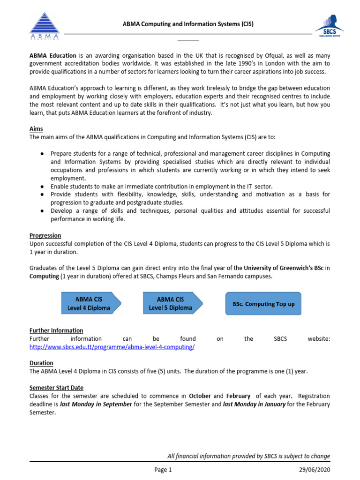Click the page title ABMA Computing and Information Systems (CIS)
click(188, 24)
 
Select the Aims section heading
click(36, 129)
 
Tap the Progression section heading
click(45, 235)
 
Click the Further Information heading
click(56, 330)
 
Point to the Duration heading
click(41, 363)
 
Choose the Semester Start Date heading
click(56, 388)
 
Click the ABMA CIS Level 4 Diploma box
click(91, 303)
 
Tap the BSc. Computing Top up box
click(263, 304)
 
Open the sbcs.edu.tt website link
click(112, 347)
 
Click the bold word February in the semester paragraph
click(239, 396)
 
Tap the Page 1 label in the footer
click(164, 470)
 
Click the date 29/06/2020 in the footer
click(315, 470)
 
